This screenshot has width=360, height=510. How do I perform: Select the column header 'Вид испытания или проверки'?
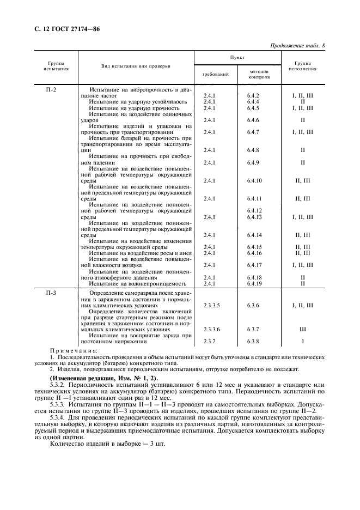136,66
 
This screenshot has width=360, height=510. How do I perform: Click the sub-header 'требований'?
211,74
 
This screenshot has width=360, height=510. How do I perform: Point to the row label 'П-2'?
51,89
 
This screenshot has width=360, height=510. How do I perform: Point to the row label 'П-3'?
51,293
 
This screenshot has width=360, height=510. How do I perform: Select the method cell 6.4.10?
254,180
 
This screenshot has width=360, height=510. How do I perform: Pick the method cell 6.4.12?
254,210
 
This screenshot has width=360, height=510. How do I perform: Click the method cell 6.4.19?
254,283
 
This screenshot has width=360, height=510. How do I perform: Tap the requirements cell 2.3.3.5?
211,306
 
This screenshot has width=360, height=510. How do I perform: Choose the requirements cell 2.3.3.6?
211,330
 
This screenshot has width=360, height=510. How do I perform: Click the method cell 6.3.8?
253,342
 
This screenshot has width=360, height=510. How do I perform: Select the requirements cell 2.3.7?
209,342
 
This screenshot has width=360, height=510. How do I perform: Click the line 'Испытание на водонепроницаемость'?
138,283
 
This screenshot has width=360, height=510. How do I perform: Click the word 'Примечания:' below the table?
74,350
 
